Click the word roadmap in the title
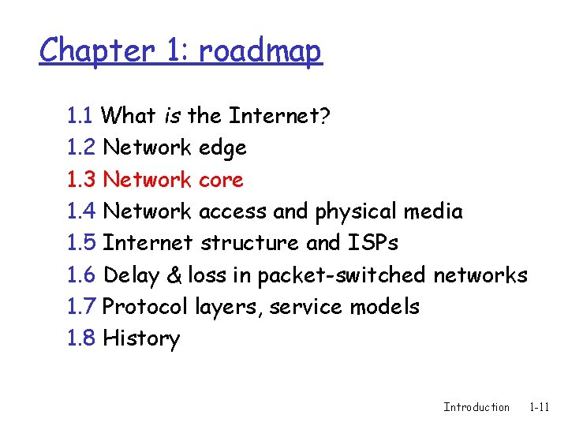(260, 52)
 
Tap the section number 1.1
(81, 116)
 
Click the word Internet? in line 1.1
(279, 116)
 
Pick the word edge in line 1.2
(222, 148)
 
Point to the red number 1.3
(82, 180)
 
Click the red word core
(221, 180)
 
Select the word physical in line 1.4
(357, 211)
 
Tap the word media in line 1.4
(433, 211)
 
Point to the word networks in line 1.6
(480, 275)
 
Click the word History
(141, 339)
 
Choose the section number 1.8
(82, 338)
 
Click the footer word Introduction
(476, 407)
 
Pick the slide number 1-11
(540, 407)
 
